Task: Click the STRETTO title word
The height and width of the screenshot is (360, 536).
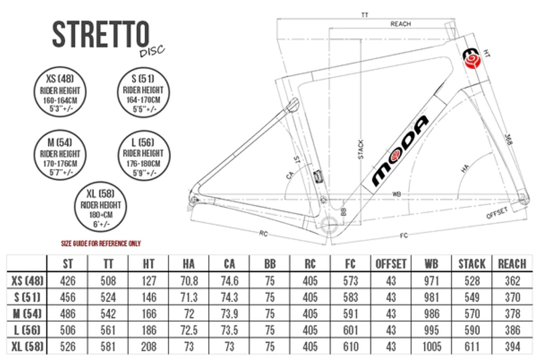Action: (101, 34)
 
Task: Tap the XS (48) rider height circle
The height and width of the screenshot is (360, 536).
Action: (60, 92)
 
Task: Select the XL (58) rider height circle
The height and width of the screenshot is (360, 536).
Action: (100, 206)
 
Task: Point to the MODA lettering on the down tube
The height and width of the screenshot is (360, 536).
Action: (400, 151)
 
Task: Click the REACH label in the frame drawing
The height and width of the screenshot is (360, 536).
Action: (400, 24)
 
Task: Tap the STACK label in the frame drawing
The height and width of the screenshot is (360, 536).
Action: (360, 149)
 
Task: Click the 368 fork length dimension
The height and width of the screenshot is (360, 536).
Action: (509, 139)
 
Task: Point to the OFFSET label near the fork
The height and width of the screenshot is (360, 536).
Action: (496, 213)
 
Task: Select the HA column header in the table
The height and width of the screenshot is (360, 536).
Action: (189, 264)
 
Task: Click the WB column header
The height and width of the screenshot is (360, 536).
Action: (431, 264)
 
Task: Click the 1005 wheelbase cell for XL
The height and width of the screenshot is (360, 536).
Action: (431, 347)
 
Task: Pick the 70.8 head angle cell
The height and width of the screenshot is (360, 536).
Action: (189, 281)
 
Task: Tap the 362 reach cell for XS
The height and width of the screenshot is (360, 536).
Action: (513, 281)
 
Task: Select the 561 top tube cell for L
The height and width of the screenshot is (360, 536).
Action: (108, 331)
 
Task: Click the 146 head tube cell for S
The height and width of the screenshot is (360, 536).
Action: (149, 297)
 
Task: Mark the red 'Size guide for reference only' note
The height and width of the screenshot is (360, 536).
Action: (101, 243)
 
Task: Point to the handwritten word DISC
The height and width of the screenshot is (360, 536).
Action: (152, 51)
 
